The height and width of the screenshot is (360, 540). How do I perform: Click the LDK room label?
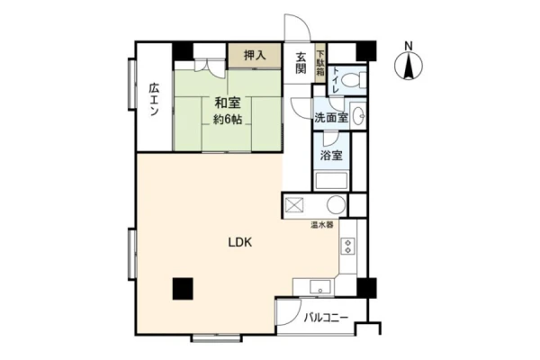pyautogui.click(x=240, y=242)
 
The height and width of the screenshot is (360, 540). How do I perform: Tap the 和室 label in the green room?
pyautogui.click(x=228, y=103)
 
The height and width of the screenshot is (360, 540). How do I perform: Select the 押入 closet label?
pyautogui.click(x=255, y=56)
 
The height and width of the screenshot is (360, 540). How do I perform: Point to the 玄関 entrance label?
pyautogui.click(x=301, y=63)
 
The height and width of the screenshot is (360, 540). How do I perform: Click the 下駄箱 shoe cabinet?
pyautogui.click(x=320, y=63)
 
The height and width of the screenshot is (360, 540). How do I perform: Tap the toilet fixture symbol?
pyautogui.click(x=354, y=80)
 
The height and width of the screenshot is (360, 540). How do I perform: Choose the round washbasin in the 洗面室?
pyautogui.click(x=358, y=116)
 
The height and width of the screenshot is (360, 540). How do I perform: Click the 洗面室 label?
pyautogui.click(x=330, y=118)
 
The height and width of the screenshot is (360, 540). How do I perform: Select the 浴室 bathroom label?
pyautogui.click(x=331, y=156)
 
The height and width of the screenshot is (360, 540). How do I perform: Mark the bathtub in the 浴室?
pyautogui.click(x=331, y=180)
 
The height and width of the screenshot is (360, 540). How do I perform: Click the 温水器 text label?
pyautogui.click(x=322, y=226)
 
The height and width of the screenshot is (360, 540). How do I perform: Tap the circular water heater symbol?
pyautogui.click(x=336, y=205)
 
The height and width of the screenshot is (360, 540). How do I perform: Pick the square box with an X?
pyautogui.click(x=294, y=206)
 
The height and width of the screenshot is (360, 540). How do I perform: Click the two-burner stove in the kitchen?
pyautogui.click(x=347, y=246)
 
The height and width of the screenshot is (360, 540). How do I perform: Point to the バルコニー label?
pyautogui.click(x=326, y=318)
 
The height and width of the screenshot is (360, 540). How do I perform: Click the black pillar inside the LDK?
pyautogui.click(x=183, y=289)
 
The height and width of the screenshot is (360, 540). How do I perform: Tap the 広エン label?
pyautogui.click(x=154, y=100)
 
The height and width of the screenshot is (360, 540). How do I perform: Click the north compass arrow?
pyautogui.click(x=409, y=66)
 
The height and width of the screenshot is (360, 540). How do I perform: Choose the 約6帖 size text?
pyautogui.click(x=228, y=119)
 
